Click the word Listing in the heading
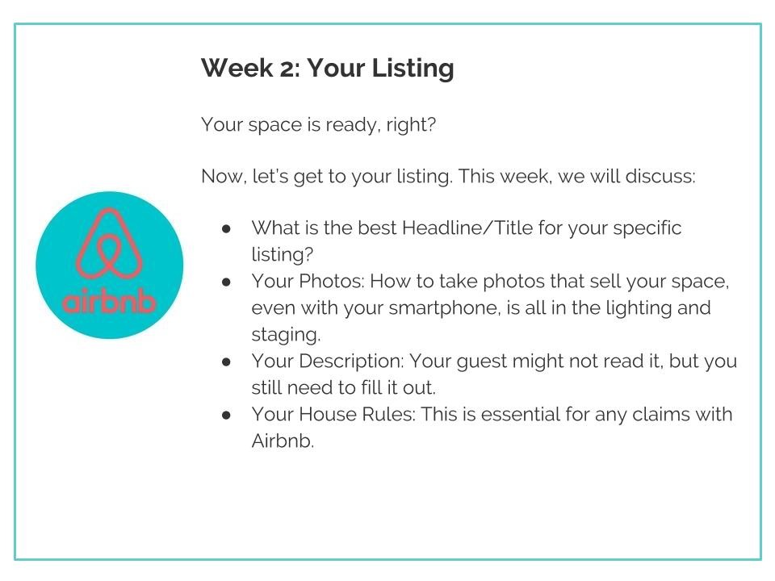413,69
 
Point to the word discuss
660,177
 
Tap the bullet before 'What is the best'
226,228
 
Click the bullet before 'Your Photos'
226,282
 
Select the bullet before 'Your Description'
226,362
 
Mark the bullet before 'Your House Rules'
226,415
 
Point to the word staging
286,335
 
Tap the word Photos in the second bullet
332,281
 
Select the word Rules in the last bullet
388,415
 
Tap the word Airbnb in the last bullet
283,441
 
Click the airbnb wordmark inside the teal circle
109,301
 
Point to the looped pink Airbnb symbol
109,244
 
